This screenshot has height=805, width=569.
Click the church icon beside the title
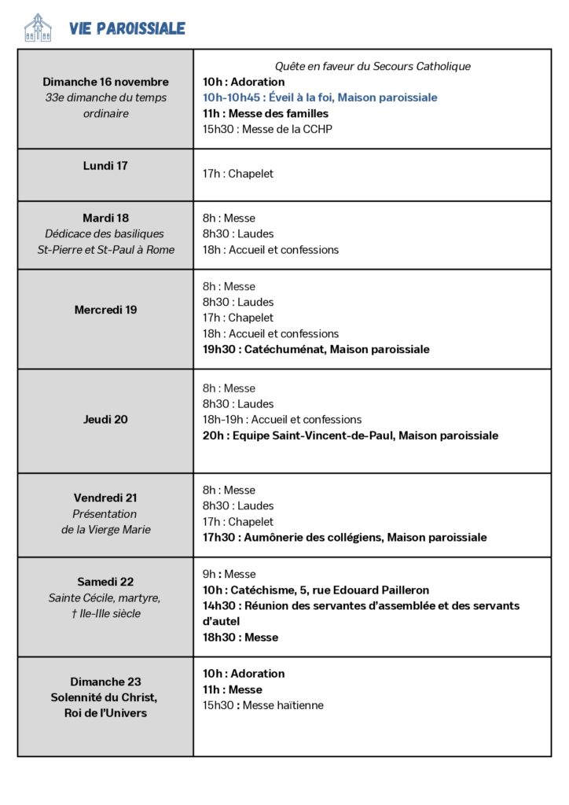[x=38, y=28]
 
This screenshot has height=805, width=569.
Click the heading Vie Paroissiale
[x=127, y=29]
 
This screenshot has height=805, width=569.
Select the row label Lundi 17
[x=105, y=166]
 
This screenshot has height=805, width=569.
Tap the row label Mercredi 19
[x=105, y=310]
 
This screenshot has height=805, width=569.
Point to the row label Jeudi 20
[x=105, y=419]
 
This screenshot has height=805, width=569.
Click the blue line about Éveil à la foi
[x=320, y=97]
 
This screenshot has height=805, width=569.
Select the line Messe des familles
[x=266, y=113]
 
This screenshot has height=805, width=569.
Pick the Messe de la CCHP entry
[x=267, y=129]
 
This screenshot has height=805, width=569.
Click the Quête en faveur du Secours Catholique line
[x=373, y=66]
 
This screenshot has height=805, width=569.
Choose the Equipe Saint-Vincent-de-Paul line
[x=350, y=436]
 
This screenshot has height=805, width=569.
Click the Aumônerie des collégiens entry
[x=344, y=538]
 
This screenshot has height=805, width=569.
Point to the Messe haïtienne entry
[x=262, y=705]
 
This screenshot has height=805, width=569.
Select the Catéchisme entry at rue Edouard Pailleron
[x=316, y=590]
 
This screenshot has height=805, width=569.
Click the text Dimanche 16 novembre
[x=105, y=82]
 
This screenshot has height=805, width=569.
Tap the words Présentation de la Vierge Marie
[x=105, y=522]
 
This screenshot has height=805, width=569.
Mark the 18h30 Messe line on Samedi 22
[x=240, y=638]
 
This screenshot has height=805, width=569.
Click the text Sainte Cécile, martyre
[x=105, y=597]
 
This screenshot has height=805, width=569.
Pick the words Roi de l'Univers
[x=105, y=713]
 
